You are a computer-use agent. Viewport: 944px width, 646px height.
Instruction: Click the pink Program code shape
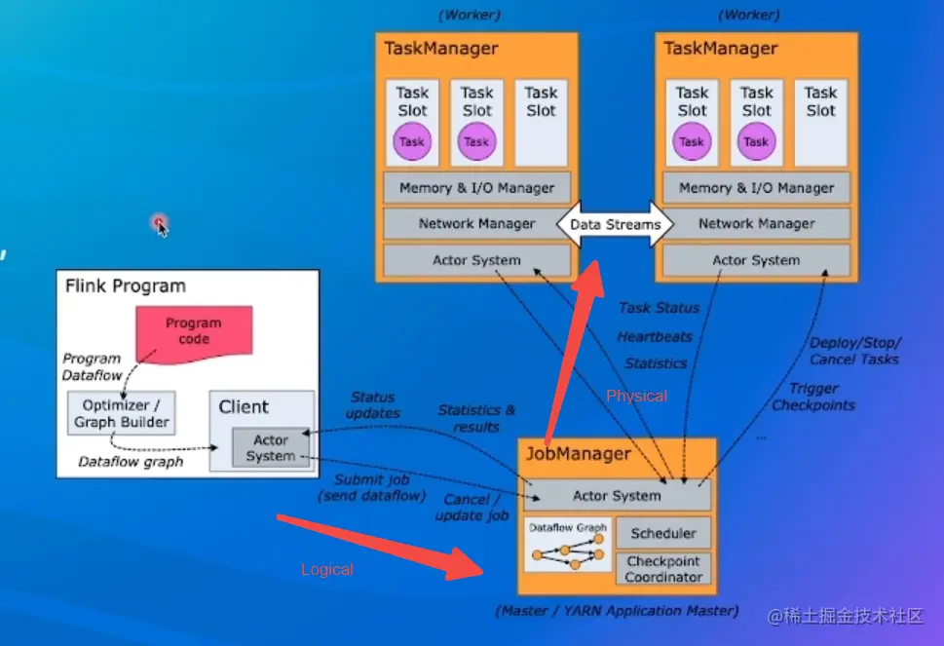(193, 331)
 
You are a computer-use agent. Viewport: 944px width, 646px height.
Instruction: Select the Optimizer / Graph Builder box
(122, 412)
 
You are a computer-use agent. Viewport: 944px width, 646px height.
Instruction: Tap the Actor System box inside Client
(270, 447)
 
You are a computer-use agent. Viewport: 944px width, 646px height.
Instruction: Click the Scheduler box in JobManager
(663, 533)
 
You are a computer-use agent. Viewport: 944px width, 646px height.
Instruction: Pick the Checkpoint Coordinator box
(663, 569)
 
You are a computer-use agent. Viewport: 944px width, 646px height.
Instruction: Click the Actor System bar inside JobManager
(617, 495)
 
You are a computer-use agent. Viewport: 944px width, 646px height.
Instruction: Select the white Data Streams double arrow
(616, 224)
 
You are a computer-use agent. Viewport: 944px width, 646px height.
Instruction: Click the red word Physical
(637, 396)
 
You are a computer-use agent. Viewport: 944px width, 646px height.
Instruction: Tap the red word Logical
(327, 569)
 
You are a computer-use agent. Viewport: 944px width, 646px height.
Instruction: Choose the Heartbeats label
(655, 336)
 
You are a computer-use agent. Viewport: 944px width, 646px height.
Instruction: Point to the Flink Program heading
(125, 286)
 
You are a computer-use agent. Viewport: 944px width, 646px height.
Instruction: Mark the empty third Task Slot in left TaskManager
(541, 122)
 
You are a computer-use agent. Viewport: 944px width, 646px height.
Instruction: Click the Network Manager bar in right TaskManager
(756, 223)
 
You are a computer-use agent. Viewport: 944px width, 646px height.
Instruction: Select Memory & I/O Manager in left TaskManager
(476, 187)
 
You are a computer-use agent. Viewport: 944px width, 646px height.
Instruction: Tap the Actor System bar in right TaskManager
(756, 260)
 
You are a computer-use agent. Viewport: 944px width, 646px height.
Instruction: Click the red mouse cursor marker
(160, 225)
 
